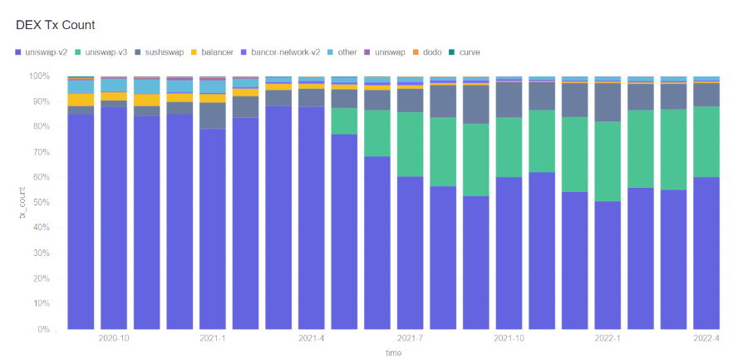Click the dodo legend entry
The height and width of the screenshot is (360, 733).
pos(432,52)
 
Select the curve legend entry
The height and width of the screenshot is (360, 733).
pos(468,52)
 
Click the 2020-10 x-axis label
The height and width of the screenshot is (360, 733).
pos(113,338)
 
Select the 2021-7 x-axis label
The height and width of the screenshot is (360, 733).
pos(411,338)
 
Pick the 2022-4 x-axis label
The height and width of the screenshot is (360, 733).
pos(706,338)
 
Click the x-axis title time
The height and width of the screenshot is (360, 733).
pos(393,353)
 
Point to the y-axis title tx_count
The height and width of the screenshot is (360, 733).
pos(22,203)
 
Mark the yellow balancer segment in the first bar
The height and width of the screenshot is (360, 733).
pos(81,100)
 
